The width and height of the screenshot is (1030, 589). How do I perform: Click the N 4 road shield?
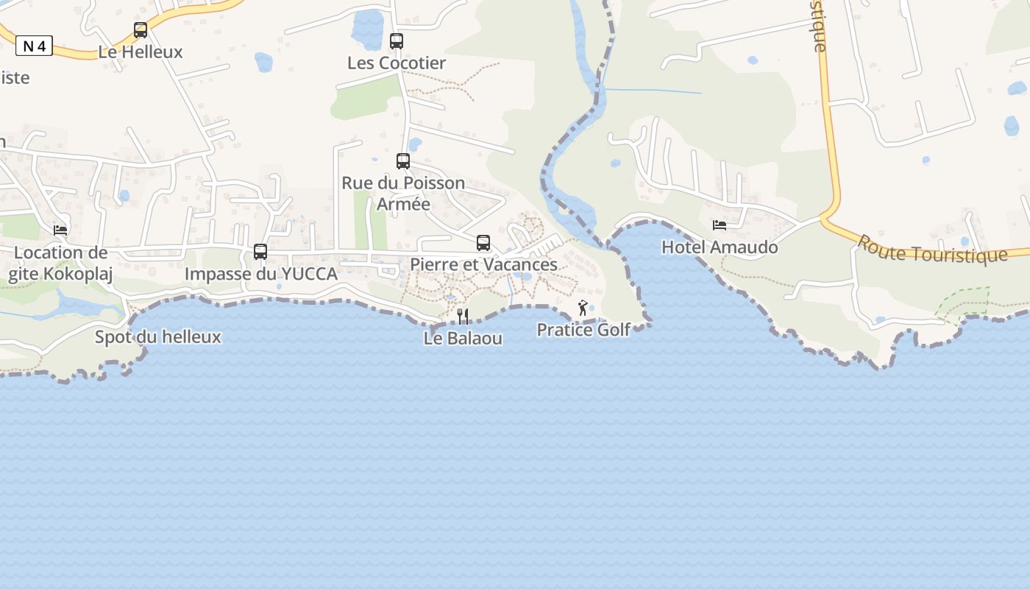coord(34,46)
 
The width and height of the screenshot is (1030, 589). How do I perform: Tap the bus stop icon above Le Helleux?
coord(141,30)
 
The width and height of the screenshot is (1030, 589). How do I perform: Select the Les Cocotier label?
coord(397,63)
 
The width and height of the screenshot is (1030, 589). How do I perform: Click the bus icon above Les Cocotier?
coord(397,41)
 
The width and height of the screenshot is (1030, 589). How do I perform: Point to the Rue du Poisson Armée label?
coord(403,193)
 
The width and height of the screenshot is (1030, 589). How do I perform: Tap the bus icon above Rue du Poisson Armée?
coord(403,161)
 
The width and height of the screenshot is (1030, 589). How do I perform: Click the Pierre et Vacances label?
coord(483,264)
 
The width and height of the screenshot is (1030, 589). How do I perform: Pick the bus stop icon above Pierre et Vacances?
coord(483,242)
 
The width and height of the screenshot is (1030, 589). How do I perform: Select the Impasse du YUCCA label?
coord(261,274)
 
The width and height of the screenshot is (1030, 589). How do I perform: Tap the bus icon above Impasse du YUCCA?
coord(260,251)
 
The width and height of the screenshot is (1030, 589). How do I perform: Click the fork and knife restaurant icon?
coord(463,317)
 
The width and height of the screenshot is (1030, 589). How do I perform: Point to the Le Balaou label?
coord(463,339)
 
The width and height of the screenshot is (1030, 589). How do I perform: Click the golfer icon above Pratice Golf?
coord(583,308)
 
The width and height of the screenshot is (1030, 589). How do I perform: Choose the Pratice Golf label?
coord(583,330)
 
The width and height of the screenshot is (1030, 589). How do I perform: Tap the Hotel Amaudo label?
coord(720,247)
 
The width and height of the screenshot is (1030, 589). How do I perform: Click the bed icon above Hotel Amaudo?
coord(720,225)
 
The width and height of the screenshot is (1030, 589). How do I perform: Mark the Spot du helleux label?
coord(158,337)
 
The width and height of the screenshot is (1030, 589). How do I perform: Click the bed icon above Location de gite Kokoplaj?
coord(60,230)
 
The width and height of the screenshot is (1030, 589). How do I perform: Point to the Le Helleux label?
coord(141,52)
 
